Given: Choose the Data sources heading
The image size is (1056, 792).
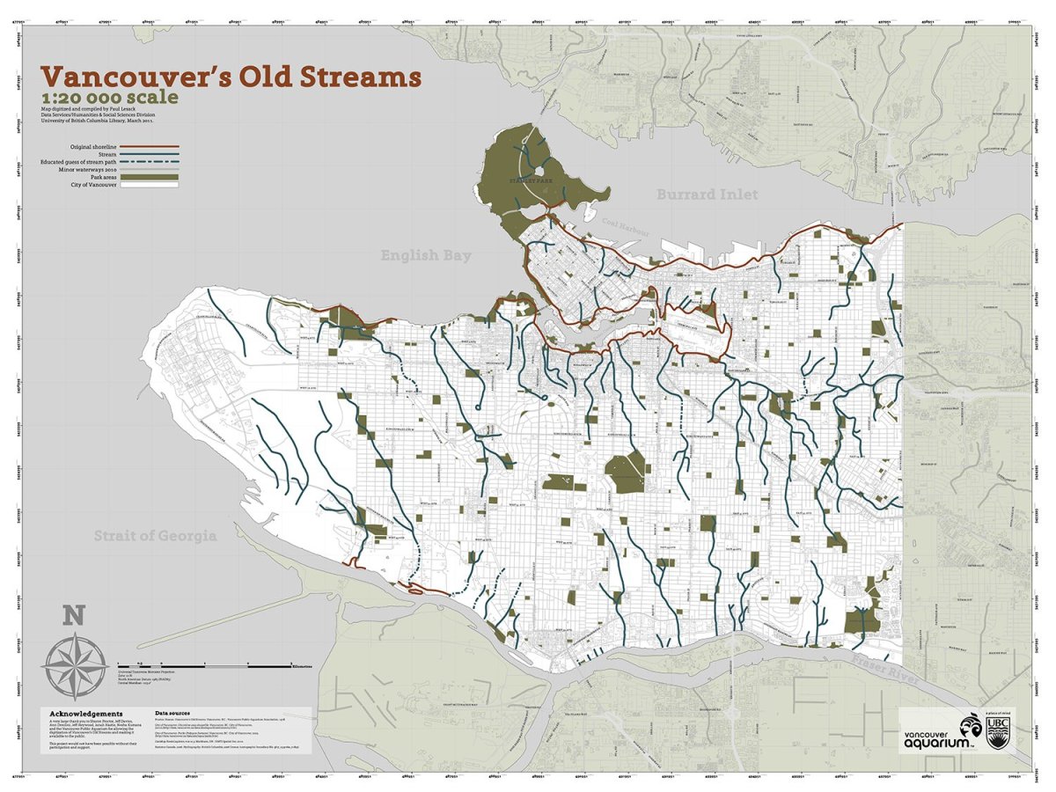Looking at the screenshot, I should pos(179,713).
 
